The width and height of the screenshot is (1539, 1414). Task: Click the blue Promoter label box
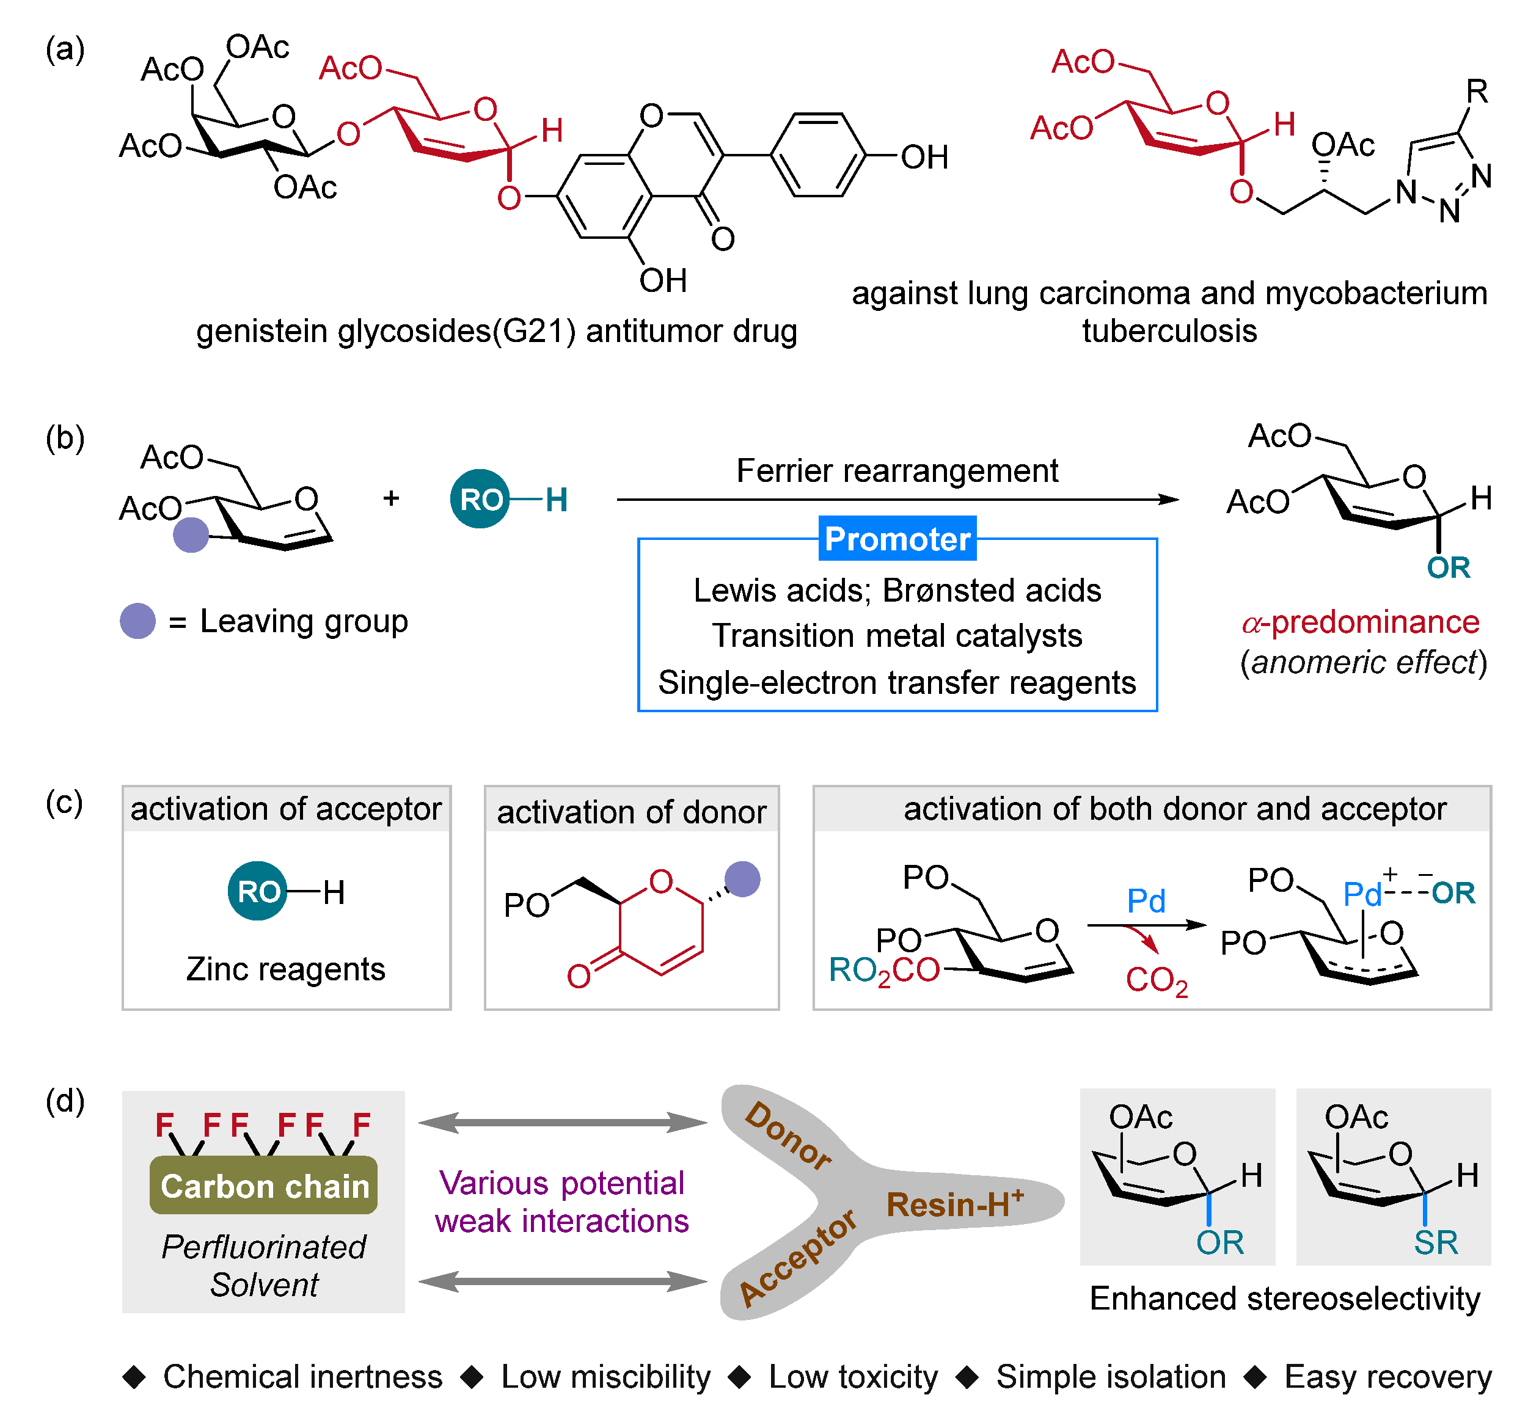[897, 539]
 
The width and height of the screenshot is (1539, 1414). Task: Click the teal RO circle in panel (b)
[480, 499]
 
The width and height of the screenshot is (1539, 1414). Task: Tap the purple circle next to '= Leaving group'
[137, 621]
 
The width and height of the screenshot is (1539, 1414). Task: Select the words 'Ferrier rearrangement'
[897, 470]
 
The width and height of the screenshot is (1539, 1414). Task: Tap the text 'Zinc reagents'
[285, 969]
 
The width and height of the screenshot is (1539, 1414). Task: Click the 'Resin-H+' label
[954, 1204]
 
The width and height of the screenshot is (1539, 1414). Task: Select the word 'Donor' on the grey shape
[788, 1136]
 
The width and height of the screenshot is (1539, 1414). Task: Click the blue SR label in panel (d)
[1435, 1242]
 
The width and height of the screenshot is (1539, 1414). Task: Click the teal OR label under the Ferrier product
[1448, 567]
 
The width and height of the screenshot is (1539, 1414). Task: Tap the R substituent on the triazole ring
[1476, 92]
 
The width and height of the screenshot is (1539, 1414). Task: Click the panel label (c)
[64, 803]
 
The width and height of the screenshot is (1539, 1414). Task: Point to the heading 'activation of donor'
[631, 812]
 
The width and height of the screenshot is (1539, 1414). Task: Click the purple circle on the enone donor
[742, 878]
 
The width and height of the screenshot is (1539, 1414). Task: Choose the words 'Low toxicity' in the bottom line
[852, 1377]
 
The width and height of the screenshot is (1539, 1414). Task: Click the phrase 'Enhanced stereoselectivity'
[1284, 1299]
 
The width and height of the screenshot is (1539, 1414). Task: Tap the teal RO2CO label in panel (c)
[884, 970]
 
